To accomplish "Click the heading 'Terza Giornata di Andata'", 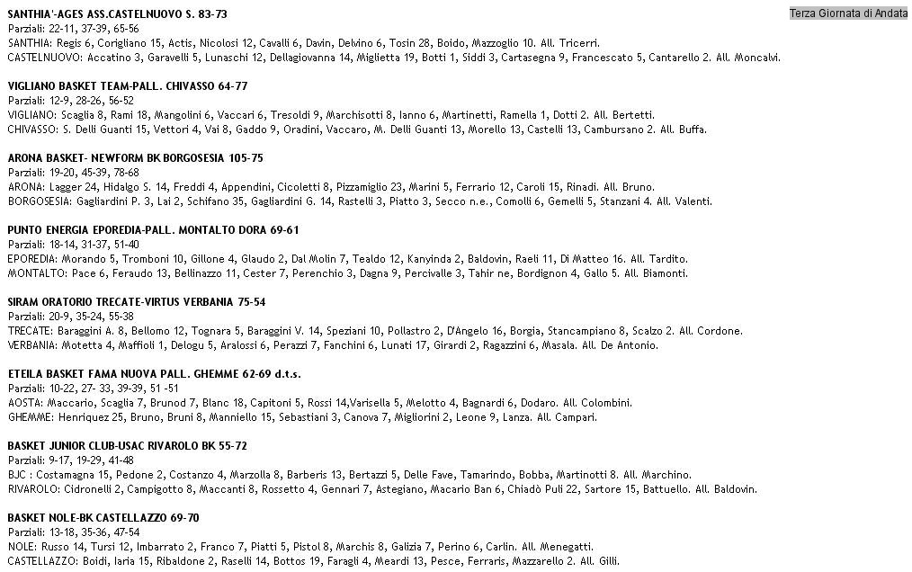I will (848, 13).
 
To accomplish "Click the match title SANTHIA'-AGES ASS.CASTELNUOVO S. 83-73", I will (117, 14).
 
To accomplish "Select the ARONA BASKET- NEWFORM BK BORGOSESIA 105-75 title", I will (135, 158).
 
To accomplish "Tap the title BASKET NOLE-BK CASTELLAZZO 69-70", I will (103, 518).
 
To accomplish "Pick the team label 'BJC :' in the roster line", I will (21, 475).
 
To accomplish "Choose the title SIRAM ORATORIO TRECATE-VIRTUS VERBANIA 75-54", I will (136, 302).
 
